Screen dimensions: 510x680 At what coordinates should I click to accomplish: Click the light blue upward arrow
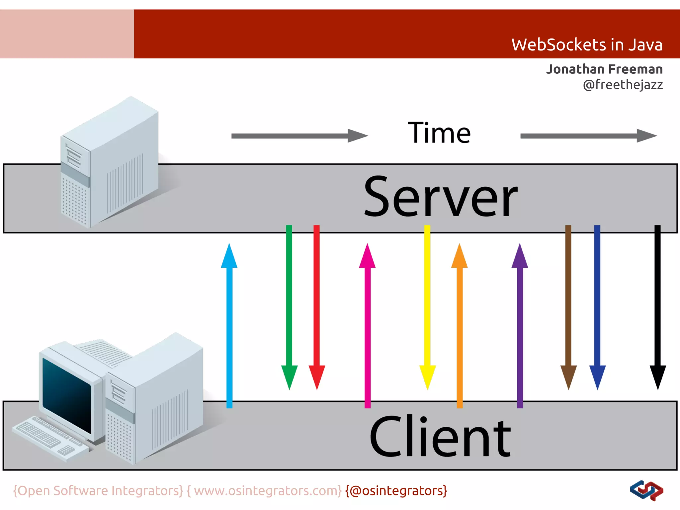[229, 325]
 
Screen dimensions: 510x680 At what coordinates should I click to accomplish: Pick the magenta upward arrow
[367, 325]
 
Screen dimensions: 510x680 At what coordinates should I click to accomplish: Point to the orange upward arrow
[460, 325]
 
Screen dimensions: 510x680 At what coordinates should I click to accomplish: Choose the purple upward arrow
[520, 325]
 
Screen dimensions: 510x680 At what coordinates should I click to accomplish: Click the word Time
[439, 133]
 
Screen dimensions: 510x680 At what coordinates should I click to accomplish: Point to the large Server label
[440, 197]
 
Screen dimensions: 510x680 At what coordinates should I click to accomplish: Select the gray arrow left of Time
[299, 136]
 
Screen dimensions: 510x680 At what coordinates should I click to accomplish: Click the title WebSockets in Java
[586, 45]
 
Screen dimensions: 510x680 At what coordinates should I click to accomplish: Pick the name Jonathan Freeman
[604, 69]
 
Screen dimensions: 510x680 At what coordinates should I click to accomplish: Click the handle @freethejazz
[623, 85]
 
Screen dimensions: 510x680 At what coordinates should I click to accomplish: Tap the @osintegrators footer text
[396, 491]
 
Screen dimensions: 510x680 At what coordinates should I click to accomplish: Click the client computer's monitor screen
[66, 395]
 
